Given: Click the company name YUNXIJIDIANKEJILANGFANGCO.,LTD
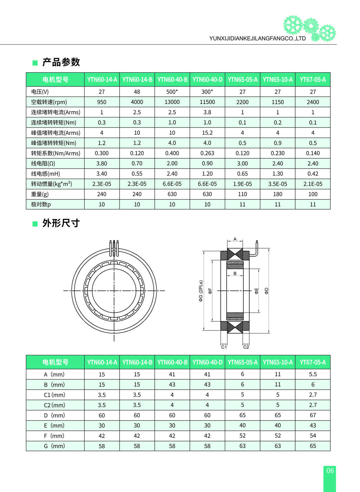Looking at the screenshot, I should [x=257, y=39].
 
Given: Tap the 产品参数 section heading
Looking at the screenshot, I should [x=61, y=62].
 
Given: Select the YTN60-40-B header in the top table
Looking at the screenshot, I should [x=172, y=80].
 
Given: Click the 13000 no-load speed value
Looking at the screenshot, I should [x=172, y=102].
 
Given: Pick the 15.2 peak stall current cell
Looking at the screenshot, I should [x=207, y=133].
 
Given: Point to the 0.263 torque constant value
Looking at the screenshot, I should [x=207, y=153].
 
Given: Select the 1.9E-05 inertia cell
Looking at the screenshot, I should [x=242, y=184].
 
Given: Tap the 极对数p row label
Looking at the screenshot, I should [x=41, y=204].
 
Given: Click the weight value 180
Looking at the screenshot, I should [x=278, y=194].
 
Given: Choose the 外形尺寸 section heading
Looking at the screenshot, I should [x=61, y=223].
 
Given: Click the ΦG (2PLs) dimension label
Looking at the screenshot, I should [x=201, y=291].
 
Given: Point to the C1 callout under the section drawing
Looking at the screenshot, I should [x=224, y=347].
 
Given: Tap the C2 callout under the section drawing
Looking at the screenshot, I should [x=246, y=347].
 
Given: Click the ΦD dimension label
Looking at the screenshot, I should [x=267, y=291].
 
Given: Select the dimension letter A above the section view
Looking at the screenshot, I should [x=235, y=239].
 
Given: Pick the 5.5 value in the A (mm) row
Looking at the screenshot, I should [x=313, y=374].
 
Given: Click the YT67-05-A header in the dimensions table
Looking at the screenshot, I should [x=313, y=362].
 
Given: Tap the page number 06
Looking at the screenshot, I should [x=330, y=471].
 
